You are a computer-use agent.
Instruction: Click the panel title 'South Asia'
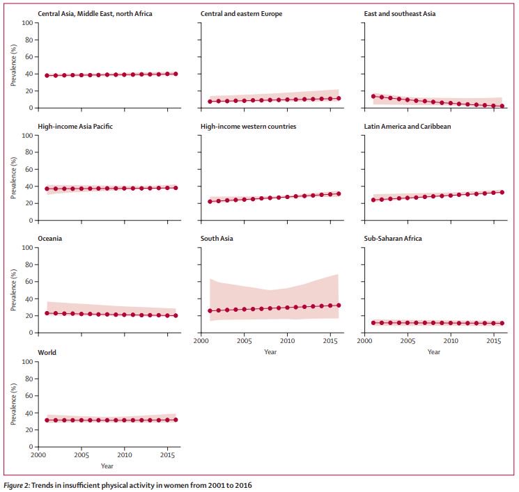point(217,239)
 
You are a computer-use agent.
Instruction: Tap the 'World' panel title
point(48,353)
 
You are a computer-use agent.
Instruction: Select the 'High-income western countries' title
point(248,126)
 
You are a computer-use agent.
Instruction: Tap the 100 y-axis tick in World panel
point(27,362)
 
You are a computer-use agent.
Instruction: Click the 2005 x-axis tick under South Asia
point(244,342)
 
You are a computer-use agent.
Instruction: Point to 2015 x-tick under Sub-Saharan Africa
point(494,342)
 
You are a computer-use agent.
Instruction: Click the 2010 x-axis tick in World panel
point(124,456)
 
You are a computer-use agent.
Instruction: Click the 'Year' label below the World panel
point(107,466)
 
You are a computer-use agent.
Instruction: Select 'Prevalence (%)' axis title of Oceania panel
point(13,290)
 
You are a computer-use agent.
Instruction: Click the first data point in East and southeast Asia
point(374,96)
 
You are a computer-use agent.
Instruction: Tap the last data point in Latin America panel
point(502,192)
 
